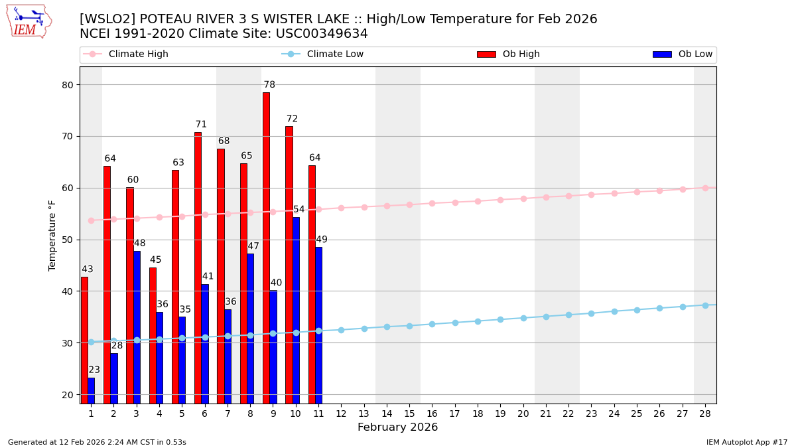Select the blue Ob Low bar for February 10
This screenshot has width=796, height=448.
coord(296,309)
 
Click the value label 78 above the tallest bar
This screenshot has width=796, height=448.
coord(269,85)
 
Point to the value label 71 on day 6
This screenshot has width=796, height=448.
coord(201,125)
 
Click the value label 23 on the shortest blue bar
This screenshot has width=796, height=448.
coord(94,370)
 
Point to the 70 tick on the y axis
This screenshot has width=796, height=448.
coord(68,137)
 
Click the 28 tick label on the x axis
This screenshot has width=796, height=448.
coord(705,413)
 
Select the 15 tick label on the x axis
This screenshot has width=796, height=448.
coord(409,413)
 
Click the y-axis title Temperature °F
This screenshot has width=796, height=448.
coord(52,235)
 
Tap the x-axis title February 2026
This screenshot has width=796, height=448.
coord(397,427)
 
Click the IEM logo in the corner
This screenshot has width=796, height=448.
coord(29,21)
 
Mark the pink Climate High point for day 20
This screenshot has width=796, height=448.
coord(523,198)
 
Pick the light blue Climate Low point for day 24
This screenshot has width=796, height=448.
coord(614,311)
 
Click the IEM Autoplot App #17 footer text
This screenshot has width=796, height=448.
coord(746,443)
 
